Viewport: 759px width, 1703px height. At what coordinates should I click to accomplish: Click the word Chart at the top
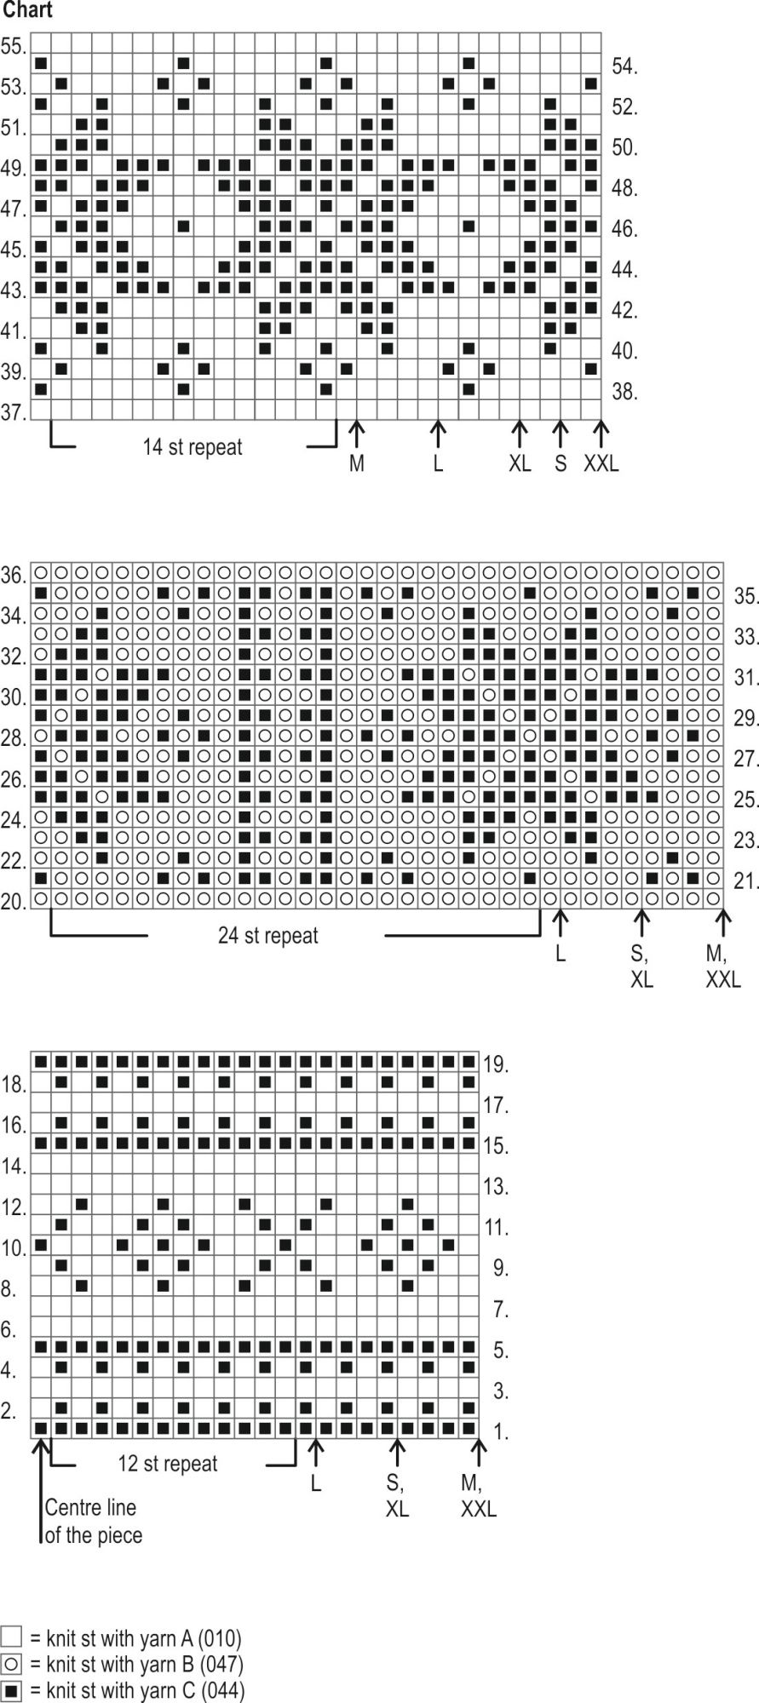point(27,10)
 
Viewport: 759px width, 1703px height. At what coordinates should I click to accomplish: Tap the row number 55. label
point(14,46)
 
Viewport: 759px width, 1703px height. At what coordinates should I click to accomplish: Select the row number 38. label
point(624,392)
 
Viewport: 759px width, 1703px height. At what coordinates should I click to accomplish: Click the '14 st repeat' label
point(193,447)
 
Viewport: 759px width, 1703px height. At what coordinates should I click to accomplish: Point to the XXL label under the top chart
point(601,464)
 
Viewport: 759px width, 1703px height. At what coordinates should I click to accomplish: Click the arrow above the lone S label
point(561,433)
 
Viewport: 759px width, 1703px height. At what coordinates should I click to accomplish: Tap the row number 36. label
point(14,576)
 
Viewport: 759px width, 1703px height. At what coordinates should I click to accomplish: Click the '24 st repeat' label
point(267,936)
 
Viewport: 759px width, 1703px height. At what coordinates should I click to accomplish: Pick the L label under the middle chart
point(561,954)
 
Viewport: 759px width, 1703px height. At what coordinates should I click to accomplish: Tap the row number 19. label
point(496,1064)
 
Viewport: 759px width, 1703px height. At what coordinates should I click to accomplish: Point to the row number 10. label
point(14,1248)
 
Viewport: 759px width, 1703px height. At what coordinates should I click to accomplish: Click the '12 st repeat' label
point(168,1464)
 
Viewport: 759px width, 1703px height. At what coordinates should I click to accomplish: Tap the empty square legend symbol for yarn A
point(12,1637)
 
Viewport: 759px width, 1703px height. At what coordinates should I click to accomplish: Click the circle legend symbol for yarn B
point(12,1664)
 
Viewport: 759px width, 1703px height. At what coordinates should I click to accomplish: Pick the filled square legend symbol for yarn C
point(12,1690)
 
